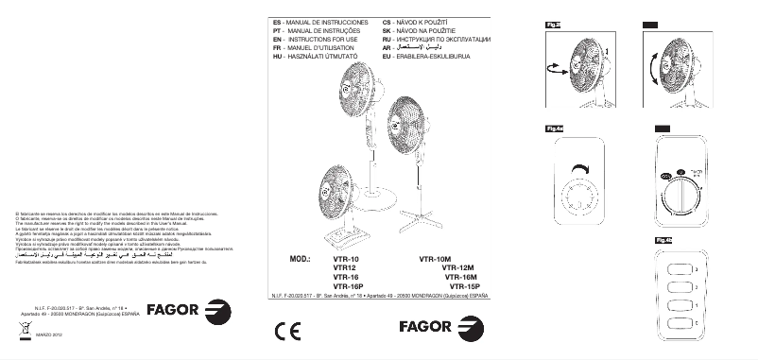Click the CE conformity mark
pos(286,332)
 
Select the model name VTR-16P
pos(350,285)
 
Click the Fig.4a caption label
pos(555,128)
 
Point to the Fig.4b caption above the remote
pos(663,240)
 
